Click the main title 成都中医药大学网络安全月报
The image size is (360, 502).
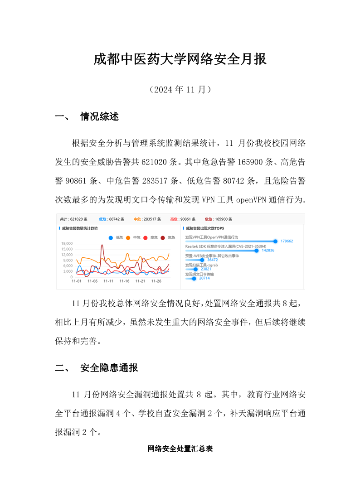pyautogui.click(x=180, y=59)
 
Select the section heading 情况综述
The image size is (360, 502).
pyautogui.click(x=99, y=117)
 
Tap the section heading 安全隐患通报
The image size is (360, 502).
pyautogui.click(x=109, y=368)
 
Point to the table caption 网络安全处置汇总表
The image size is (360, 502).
pyautogui.click(x=180, y=449)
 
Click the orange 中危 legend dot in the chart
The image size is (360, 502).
pyautogui.click(x=128, y=237)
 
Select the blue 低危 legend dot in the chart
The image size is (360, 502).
pyautogui.click(x=111, y=237)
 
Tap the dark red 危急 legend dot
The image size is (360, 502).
pyautogui.click(x=163, y=237)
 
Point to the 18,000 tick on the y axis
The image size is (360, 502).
pyautogui.click(x=66, y=244)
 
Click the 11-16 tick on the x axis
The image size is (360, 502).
pyautogui.click(x=124, y=281)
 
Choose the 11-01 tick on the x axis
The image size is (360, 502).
pyautogui.click(x=77, y=281)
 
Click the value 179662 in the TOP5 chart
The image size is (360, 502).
pyautogui.click(x=287, y=241)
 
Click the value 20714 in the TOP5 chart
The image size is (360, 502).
pyautogui.click(x=204, y=279)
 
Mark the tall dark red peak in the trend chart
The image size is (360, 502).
pyautogui.click(x=102, y=246)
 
